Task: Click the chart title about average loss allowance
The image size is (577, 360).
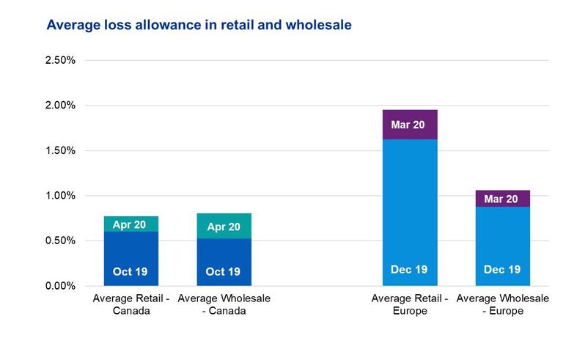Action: tap(199, 25)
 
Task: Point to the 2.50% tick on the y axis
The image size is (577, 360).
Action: tap(60, 60)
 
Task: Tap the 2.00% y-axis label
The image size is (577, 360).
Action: tap(60, 106)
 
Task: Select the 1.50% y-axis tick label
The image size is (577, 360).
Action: tap(60, 150)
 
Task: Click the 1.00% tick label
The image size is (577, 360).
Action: tap(60, 196)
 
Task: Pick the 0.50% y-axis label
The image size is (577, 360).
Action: tap(60, 240)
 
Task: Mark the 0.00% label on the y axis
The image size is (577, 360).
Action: tap(60, 286)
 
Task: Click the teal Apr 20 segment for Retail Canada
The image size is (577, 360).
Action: tap(131, 224)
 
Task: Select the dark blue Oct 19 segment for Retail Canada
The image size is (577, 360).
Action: tap(131, 259)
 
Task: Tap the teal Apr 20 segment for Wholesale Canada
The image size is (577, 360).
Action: tap(224, 226)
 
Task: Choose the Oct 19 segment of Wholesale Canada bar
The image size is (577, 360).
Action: tap(224, 262)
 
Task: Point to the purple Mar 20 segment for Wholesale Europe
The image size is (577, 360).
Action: tap(502, 199)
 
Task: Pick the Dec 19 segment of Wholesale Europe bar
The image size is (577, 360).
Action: tap(502, 246)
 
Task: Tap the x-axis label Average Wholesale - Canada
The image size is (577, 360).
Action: tap(223, 304)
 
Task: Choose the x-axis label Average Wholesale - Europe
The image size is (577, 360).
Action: tap(502, 304)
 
